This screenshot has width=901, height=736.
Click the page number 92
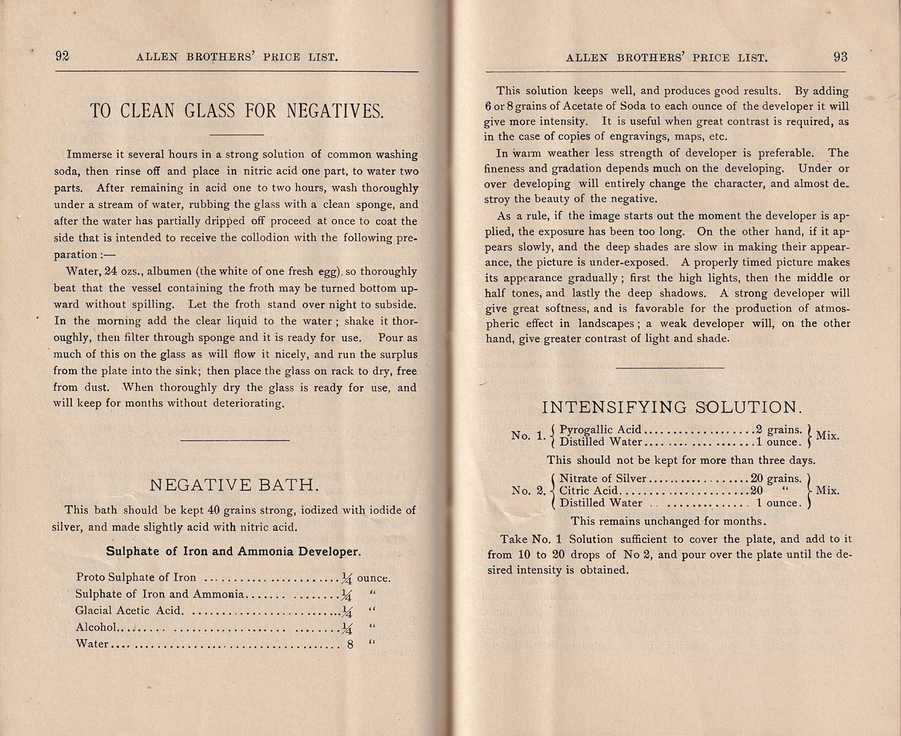tap(62, 56)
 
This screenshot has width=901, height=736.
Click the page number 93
tap(840, 57)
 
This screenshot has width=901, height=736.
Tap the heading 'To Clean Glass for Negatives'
tap(236, 111)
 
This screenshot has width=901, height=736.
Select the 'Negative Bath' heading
tap(234, 485)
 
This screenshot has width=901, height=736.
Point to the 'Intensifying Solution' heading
tap(672, 407)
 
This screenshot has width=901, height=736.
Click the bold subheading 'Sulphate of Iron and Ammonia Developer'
tap(234, 552)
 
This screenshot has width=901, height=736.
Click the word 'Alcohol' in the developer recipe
tap(96, 627)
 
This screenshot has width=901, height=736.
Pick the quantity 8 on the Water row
tap(350, 645)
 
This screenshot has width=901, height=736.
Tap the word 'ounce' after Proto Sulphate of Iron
tap(374, 579)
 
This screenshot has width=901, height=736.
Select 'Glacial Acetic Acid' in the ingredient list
tap(128, 610)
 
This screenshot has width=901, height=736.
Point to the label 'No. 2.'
tap(529, 490)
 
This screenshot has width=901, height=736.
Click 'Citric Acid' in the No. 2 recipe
tap(588, 491)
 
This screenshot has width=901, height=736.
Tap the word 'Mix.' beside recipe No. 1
tap(827, 436)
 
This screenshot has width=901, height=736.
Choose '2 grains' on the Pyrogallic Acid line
tap(778, 430)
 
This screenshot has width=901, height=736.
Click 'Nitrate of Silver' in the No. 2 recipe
tap(602, 479)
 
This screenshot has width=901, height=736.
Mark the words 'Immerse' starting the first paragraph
tap(89, 154)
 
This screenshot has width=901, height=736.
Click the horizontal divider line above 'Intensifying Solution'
tap(670, 367)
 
